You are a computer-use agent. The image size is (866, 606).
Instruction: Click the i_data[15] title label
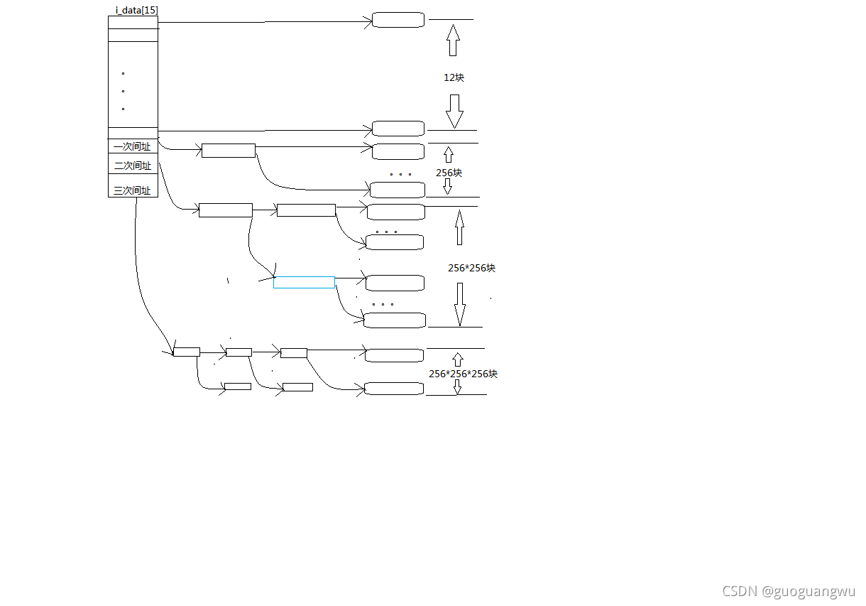[136, 10]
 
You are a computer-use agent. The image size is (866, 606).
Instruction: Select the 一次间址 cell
[132, 147]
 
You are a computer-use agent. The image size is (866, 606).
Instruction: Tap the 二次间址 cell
[132, 166]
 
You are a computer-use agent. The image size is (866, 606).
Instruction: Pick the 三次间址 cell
[132, 190]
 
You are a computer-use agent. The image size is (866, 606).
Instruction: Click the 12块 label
[454, 77]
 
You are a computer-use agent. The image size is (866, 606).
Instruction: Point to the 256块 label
[449, 173]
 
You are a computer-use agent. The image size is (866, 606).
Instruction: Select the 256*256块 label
[471, 268]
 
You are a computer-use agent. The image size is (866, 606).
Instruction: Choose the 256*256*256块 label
[463, 374]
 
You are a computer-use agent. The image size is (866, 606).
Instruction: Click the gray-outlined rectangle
[304, 282]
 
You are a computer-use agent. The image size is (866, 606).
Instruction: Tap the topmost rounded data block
[398, 20]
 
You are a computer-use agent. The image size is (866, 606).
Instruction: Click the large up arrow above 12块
[453, 40]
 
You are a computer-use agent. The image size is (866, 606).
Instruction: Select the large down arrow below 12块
[454, 111]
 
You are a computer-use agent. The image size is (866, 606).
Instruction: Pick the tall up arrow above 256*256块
[459, 227]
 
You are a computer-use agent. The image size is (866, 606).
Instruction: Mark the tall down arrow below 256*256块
[460, 304]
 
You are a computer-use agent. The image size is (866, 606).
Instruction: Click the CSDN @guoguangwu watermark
[789, 591]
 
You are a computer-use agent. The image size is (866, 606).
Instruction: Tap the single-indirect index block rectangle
[228, 151]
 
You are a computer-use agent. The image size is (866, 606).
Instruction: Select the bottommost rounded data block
[394, 389]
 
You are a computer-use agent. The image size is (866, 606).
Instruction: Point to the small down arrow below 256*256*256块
[457, 387]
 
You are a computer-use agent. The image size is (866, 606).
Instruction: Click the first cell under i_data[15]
[133, 22]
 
